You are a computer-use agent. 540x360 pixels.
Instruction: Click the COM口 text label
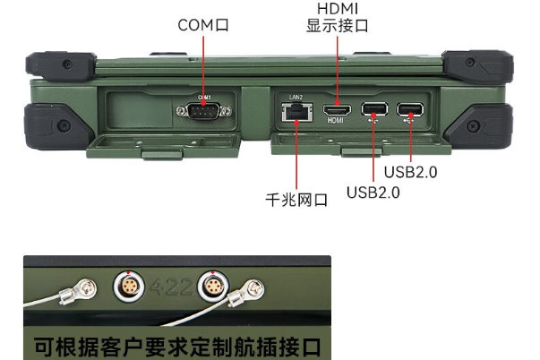coord(203,25)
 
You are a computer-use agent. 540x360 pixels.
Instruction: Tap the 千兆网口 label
coord(297,200)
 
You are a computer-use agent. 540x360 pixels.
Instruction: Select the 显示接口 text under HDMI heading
coord(337,26)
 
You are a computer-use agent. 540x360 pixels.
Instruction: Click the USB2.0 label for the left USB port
coord(373,191)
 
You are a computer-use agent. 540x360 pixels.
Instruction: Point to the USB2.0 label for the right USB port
coord(410,170)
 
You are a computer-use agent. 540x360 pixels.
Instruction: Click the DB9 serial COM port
coord(204,111)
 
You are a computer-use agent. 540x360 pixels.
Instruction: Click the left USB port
coord(373,111)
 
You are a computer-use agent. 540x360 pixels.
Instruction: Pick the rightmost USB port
coord(411,111)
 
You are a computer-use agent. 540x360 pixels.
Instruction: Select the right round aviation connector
coord(214,287)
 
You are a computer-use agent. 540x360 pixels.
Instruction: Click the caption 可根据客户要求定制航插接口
coord(176,345)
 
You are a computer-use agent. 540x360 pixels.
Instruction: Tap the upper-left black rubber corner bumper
coord(56,65)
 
